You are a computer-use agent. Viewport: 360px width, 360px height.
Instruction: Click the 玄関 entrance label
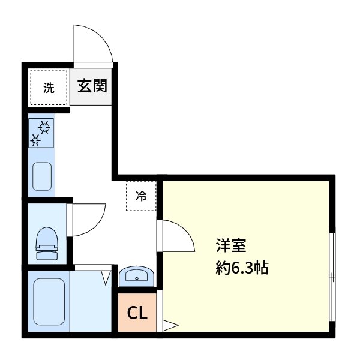92,86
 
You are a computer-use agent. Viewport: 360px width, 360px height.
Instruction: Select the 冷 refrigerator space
141,196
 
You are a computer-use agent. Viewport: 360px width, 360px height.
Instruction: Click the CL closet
136,313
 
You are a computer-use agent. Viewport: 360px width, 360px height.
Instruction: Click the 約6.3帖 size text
242,268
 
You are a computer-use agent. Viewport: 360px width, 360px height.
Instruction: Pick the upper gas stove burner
44,127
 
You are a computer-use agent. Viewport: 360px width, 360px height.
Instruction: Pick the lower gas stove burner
35,140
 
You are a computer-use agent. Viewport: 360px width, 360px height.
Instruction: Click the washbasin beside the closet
137,277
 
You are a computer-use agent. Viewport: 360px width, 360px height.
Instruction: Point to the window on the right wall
332,276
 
